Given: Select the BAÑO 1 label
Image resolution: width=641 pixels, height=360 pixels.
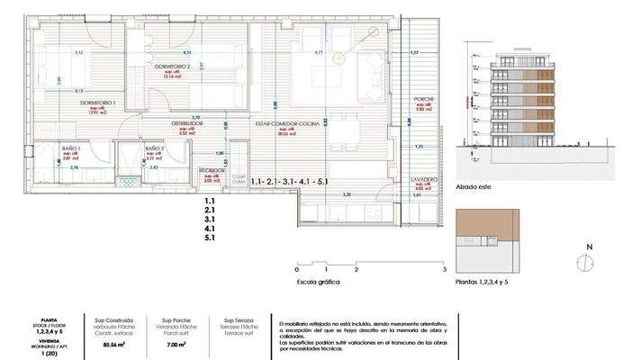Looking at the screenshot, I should pos(72,148).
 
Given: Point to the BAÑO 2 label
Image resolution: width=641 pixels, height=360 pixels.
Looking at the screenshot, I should pos(153,148).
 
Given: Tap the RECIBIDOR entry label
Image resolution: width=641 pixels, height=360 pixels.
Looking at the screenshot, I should pos(212,168).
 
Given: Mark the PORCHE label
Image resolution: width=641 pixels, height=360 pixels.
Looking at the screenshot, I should pos(424,98).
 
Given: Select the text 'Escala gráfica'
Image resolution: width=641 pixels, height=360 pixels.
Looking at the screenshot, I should pos(320,281).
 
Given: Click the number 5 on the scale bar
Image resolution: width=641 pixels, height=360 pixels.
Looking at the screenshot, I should pos(445,269).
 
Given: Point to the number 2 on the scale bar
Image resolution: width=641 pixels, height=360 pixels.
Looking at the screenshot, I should pos(357,269).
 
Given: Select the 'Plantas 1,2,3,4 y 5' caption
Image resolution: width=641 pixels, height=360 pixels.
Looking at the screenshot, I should pos(489,281).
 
